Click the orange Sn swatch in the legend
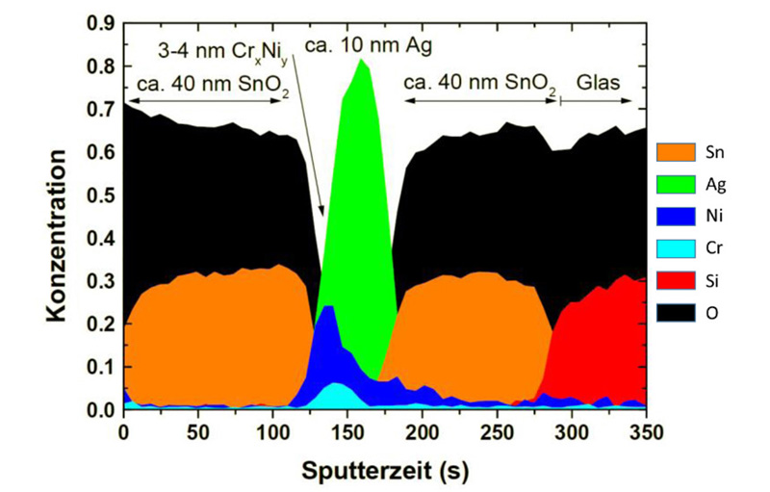pyautogui.click(x=678, y=151)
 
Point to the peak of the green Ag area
pyautogui.click(x=362, y=61)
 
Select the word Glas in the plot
pyautogui.click(x=598, y=83)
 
